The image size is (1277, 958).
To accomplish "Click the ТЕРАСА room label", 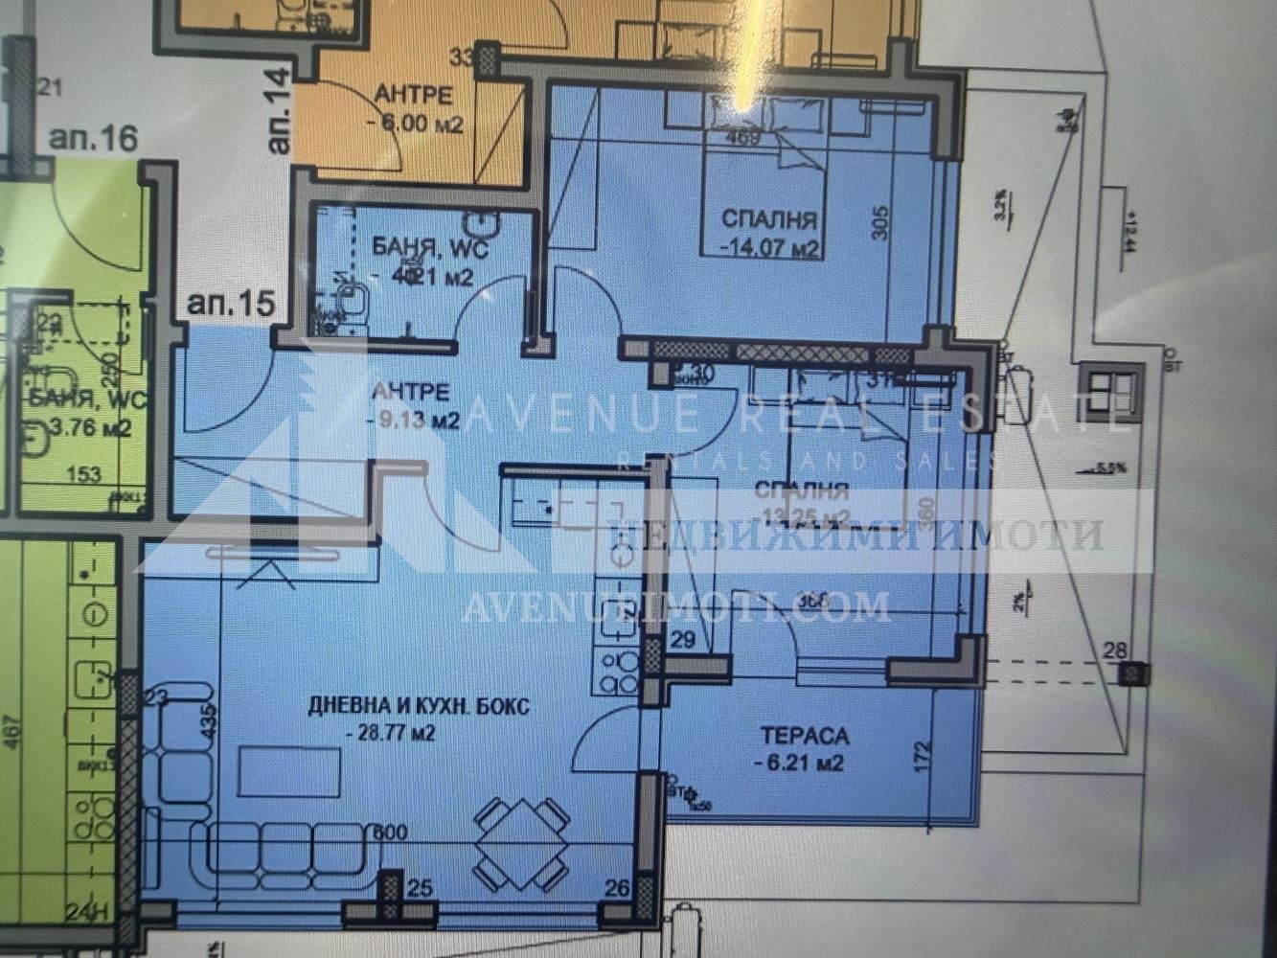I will point(805,736).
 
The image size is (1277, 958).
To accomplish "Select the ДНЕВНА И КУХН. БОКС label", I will point(419,708).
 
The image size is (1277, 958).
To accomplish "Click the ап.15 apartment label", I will point(230,305).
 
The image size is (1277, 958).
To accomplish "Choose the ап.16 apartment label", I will point(93,138).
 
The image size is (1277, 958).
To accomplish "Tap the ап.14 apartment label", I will point(279,123).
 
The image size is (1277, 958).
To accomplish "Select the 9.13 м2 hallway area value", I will point(414,420).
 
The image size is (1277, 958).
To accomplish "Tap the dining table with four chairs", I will point(521,844).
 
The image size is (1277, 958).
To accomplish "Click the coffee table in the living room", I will point(288,771).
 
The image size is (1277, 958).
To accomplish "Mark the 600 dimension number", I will point(390,833).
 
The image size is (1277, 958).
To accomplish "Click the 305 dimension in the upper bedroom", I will point(881,223).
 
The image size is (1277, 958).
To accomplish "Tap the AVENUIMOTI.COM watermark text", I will point(675,606).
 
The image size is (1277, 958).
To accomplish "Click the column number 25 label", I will point(419,889).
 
